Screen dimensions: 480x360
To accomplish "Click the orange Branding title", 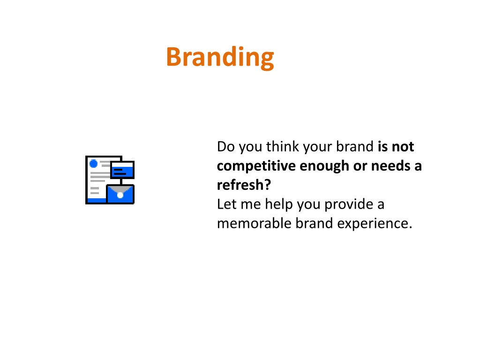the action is tap(220, 58).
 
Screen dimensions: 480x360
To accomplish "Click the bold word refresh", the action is tap(240, 185).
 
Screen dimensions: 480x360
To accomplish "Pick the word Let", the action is tap(227, 204).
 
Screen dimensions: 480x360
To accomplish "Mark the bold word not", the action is tap(403, 147).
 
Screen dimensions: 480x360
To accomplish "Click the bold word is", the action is tap(382, 147).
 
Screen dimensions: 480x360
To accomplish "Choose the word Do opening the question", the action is tap(226, 147).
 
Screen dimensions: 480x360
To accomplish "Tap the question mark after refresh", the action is tap(267, 185).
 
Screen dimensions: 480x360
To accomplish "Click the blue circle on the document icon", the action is tap(93, 164).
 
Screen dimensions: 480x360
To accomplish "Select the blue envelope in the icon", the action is tap(120, 194).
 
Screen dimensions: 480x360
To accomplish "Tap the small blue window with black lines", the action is tap(122, 170).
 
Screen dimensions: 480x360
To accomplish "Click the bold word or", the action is tap(360, 167).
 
